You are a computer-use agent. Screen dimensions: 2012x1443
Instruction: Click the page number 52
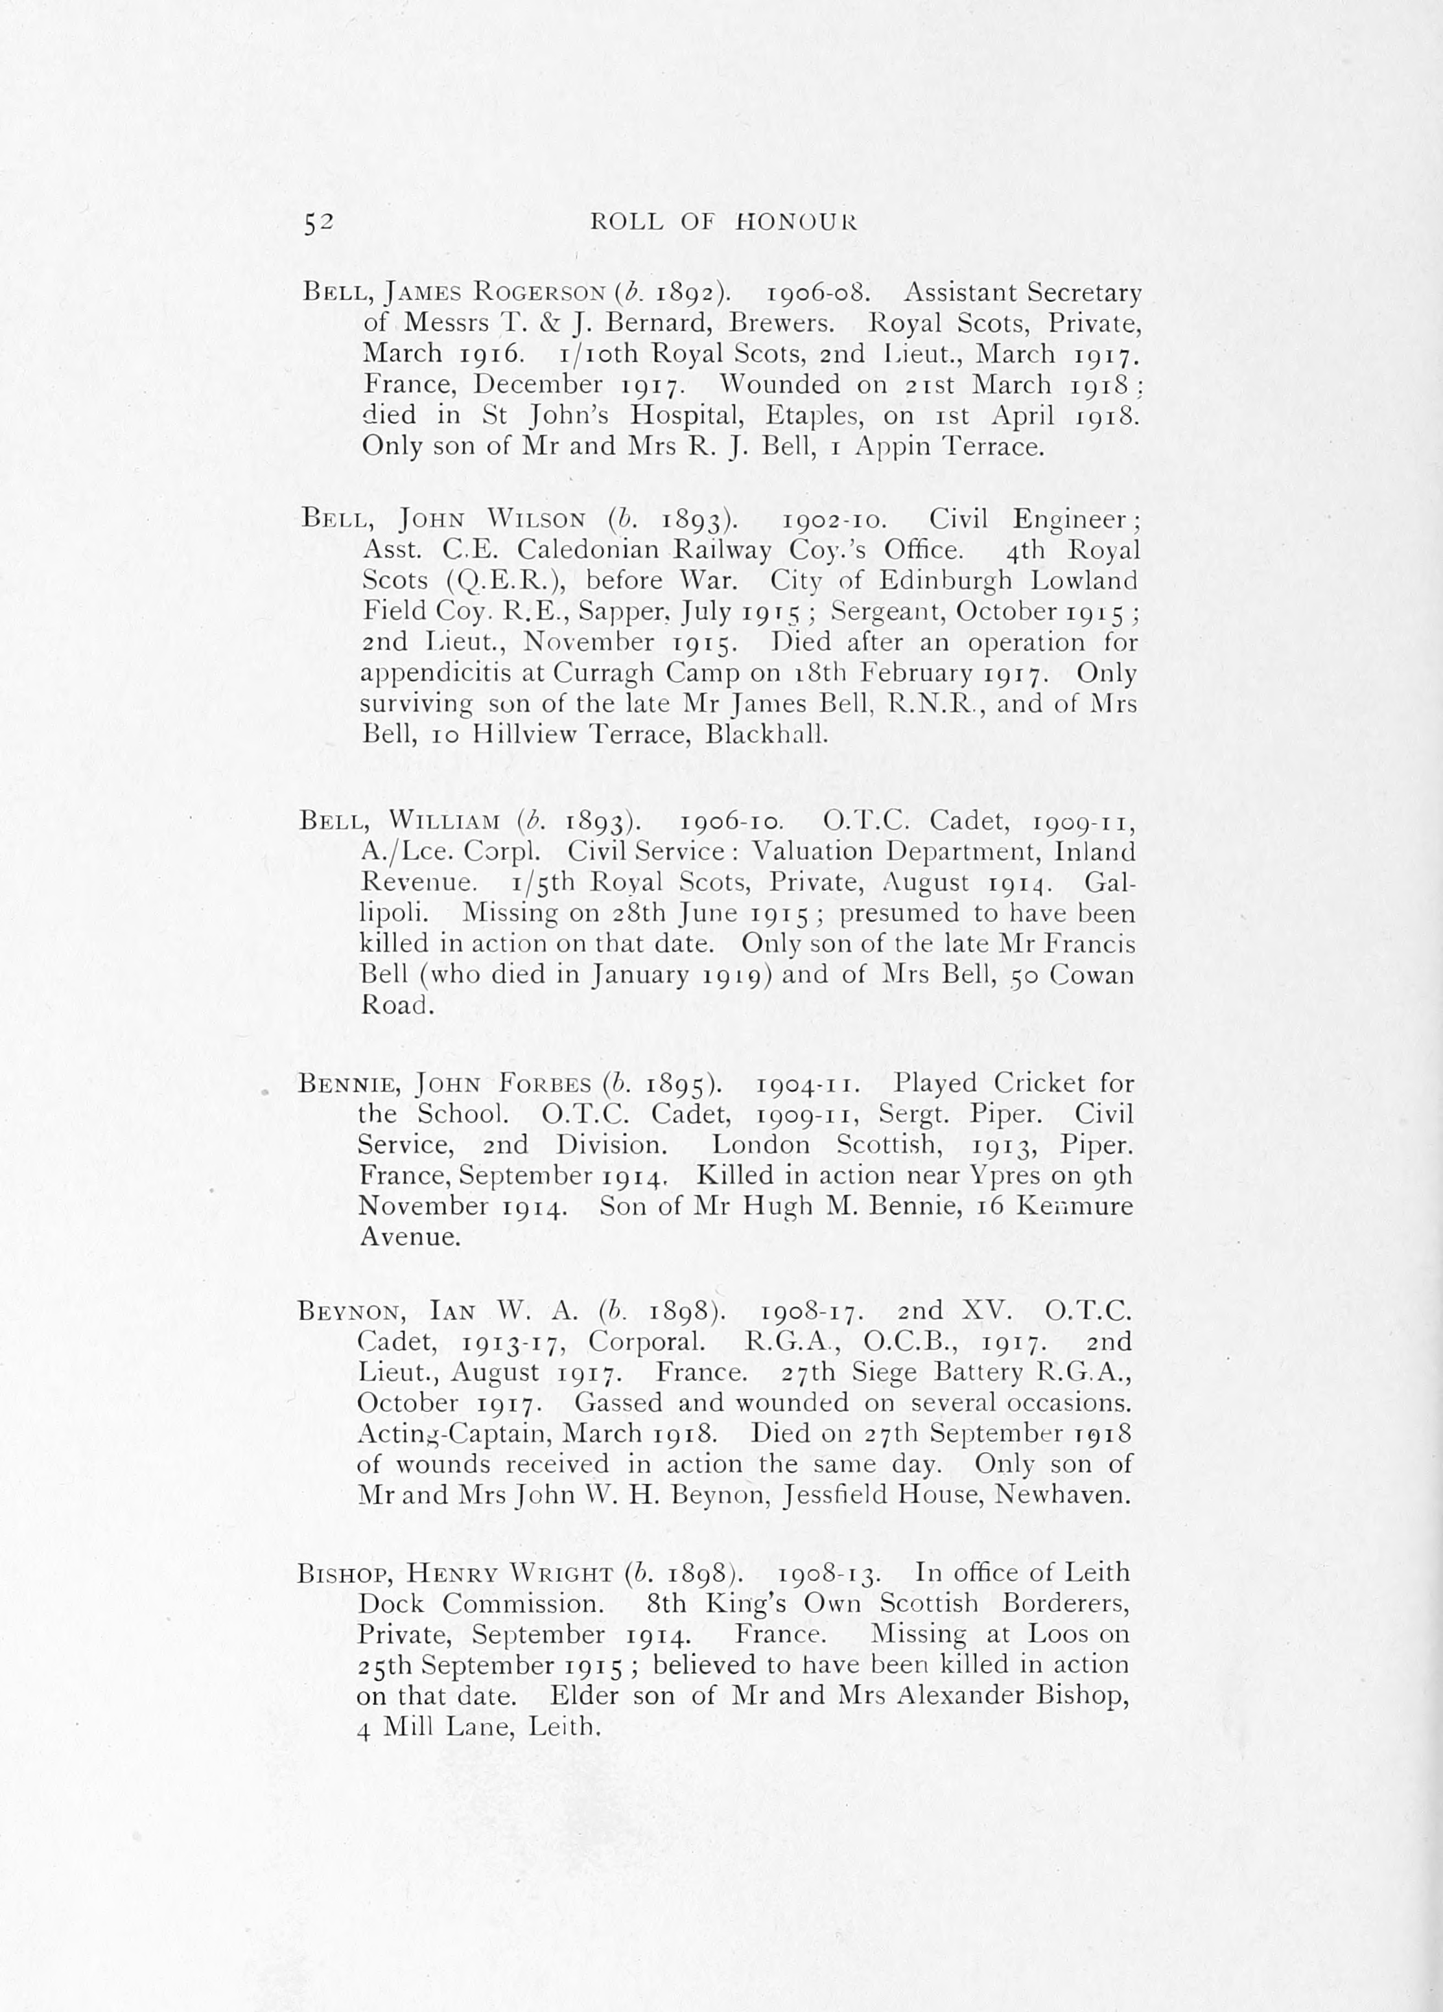click(317, 224)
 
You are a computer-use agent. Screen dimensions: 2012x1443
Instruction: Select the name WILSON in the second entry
click(536, 519)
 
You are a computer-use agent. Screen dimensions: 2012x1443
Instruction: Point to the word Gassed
click(618, 1404)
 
